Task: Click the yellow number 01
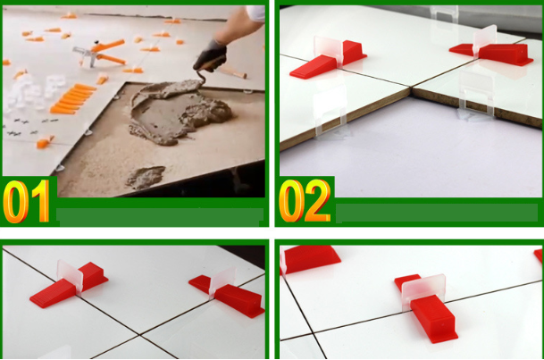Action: (27, 201)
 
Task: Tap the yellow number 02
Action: (305, 201)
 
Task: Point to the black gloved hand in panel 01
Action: (210, 55)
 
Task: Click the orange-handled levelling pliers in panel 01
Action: (101, 53)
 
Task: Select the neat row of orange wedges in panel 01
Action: (73, 99)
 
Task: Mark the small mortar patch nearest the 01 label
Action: (146, 177)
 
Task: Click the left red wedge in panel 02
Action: (328, 60)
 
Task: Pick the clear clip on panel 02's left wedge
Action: (328, 50)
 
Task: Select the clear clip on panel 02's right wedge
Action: (485, 40)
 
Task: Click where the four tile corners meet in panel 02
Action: (412, 88)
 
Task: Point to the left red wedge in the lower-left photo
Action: (70, 285)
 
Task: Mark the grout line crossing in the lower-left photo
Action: (139, 335)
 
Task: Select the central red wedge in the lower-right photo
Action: (427, 309)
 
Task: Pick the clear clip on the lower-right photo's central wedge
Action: (423, 290)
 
